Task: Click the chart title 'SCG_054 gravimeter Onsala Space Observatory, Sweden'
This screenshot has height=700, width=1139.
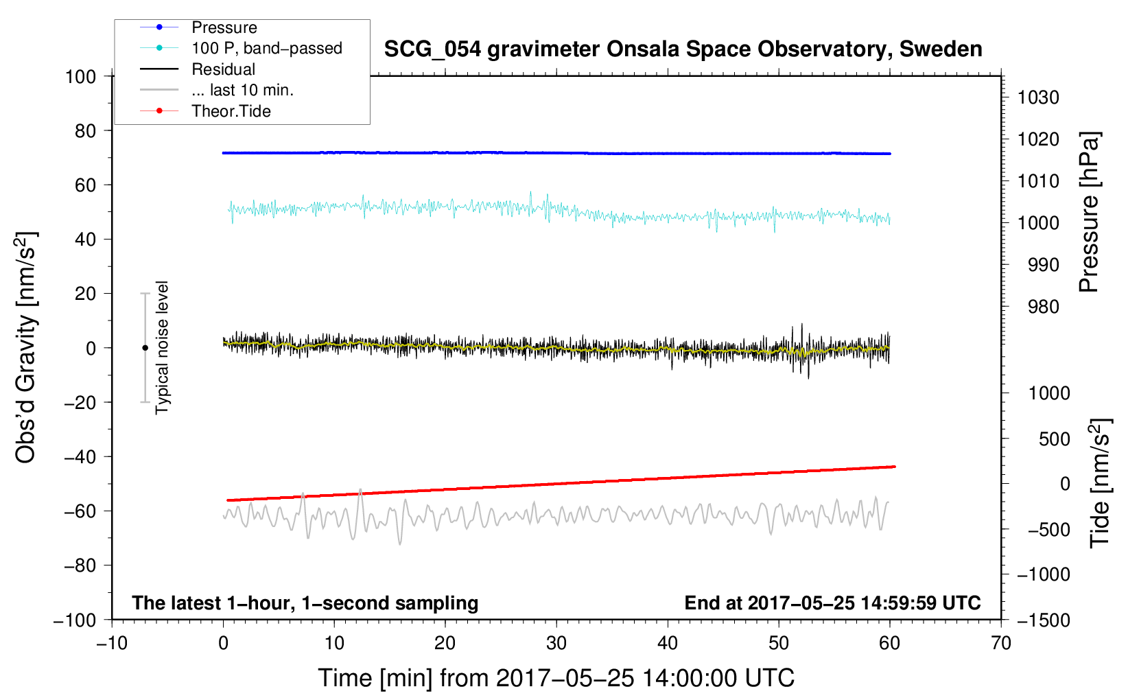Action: pyautogui.click(x=683, y=49)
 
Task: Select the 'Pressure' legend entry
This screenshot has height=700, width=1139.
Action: pyautogui.click(x=224, y=27)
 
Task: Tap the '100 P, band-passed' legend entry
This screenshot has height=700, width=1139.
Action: pyautogui.click(x=266, y=48)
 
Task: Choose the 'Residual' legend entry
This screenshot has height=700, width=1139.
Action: pyautogui.click(x=223, y=69)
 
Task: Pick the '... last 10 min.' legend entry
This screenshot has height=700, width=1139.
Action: pyautogui.click(x=242, y=90)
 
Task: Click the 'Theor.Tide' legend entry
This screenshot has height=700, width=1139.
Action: pyautogui.click(x=231, y=111)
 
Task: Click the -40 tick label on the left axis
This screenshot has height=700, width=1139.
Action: pyautogui.click(x=80, y=456)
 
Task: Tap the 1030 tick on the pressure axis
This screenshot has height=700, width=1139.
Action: pyautogui.click(x=1038, y=97)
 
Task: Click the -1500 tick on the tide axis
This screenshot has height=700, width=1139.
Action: pyautogui.click(x=1043, y=620)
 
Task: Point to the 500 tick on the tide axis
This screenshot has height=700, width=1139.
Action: pyautogui.click(x=1054, y=439)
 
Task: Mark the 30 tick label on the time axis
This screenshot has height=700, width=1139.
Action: pyautogui.click(x=556, y=643)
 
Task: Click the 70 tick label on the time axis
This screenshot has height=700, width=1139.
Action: pyautogui.click(x=1001, y=643)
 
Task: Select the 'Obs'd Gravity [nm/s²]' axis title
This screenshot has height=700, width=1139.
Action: pyautogui.click(x=26, y=348)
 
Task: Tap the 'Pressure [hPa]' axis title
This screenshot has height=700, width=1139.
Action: pyautogui.click(x=1089, y=212)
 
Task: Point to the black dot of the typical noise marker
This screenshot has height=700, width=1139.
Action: pyautogui.click(x=145, y=348)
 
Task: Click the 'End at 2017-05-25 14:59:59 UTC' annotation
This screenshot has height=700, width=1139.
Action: pyautogui.click(x=832, y=603)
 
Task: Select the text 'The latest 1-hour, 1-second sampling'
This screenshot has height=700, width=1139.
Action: pyautogui.click(x=305, y=603)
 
